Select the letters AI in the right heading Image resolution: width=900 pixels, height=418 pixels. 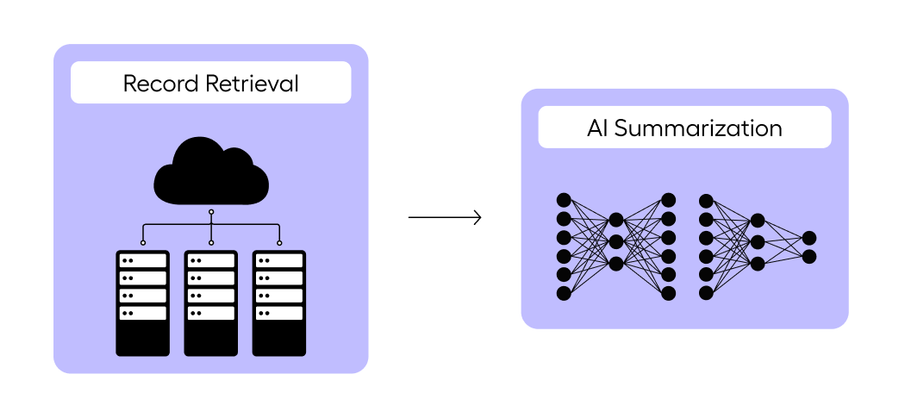click(x=598, y=128)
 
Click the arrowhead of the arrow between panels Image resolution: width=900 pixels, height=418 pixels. click(x=477, y=217)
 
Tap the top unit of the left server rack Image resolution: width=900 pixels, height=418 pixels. click(x=142, y=260)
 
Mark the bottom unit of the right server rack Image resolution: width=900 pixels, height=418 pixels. click(x=279, y=314)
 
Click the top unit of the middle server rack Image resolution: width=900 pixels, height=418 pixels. click(x=211, y=260)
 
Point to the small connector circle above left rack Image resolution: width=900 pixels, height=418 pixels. click(x=142, y=242)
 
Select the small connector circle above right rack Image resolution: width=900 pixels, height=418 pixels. click(x=279, y=242)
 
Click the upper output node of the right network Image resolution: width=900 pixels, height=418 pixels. click(x=809, y=238)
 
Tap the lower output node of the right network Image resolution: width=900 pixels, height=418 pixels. click(x=809, y=257)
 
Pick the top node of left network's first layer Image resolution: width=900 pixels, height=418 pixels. click(x=563, y=200)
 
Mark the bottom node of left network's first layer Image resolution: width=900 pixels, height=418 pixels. click(x=563, y=294)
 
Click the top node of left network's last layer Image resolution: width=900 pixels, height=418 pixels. click(x=668, y=200)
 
